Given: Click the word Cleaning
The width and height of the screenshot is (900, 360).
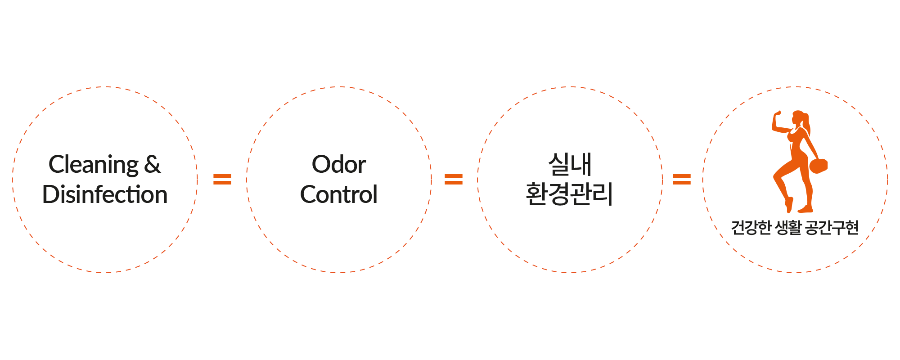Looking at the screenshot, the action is point(94,165).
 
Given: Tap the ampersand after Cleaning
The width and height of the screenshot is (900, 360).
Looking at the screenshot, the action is point(153,164).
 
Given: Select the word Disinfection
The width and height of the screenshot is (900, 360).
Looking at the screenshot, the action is point(105,194).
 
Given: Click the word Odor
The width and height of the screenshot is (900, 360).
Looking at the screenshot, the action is point(339,164).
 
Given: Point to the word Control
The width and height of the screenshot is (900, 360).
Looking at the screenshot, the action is point(339,194).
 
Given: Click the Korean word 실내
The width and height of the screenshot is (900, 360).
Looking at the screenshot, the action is point(570,164).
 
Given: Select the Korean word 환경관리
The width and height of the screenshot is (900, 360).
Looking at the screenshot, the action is point(570,194).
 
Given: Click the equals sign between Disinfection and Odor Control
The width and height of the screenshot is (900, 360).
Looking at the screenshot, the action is point(222,180).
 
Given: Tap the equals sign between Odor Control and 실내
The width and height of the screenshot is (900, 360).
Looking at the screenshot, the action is point(454,180).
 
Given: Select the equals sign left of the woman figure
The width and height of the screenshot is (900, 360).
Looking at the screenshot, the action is point(682,180).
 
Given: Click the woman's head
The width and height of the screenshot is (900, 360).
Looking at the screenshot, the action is point(798,118).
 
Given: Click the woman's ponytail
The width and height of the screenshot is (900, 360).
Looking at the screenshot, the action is point(807,126).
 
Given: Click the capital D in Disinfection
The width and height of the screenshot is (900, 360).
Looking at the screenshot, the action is point(50,194).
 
